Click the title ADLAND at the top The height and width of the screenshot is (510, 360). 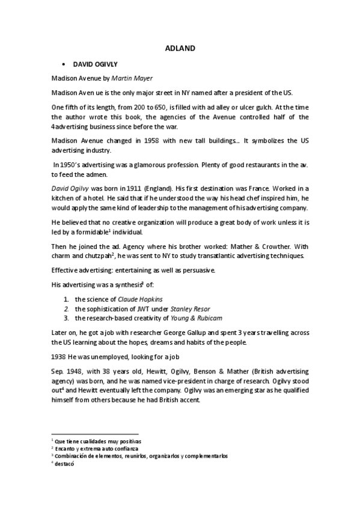click(x=180, y=49)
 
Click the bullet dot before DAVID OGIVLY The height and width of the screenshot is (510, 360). click(x=63, y=63)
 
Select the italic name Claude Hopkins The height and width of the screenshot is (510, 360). click(x=141, y=298)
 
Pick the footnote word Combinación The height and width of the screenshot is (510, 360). click(x=75, y=456)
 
